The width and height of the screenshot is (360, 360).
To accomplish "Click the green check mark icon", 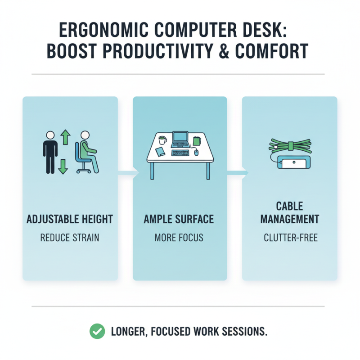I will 97,332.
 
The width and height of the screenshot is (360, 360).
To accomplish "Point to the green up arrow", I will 64,137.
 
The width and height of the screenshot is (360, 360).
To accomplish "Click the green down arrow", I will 63,166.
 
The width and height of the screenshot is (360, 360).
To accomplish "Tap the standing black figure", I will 50,152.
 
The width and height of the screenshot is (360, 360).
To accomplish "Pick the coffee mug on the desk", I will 162,140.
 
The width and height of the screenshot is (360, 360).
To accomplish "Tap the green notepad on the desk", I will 196,141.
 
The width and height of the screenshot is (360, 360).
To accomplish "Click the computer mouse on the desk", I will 196,153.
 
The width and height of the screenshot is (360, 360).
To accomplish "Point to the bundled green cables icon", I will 289,146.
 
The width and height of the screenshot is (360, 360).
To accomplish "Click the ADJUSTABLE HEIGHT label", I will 70,220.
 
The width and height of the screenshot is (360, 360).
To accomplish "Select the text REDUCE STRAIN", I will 70,237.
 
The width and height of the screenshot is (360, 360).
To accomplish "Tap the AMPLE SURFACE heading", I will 179,220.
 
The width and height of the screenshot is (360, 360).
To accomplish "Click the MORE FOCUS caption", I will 179,237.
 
